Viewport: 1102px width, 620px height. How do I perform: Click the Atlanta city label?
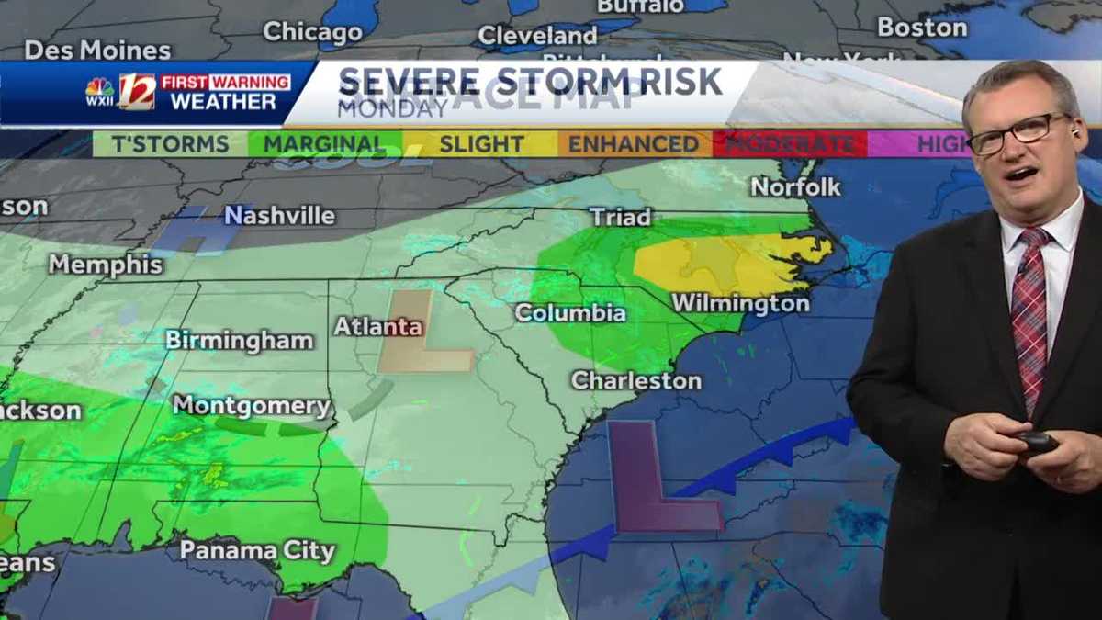coord(377,326)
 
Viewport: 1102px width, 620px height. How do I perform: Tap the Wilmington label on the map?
coord(740,303)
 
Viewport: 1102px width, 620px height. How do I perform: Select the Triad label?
coord(620,218)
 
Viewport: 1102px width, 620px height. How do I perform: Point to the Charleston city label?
coord(635,380)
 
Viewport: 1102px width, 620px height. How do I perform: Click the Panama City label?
coord(257,550)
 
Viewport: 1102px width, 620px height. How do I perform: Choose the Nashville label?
coord(280,216)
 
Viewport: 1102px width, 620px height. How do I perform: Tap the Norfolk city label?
coord(795,187)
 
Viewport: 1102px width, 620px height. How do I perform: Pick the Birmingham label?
coord(239,340)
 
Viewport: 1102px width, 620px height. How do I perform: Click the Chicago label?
coord(312,32)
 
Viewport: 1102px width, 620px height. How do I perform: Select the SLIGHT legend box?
coord(481,144)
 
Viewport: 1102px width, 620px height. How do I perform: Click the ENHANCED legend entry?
coord(633,144)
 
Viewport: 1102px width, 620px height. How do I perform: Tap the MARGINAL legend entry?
coord(324,144)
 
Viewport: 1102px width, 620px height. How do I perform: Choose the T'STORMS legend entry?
coord(170,144)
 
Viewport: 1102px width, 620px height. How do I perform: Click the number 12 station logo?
coord(137,92)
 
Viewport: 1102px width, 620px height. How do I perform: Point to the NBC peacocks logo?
coord(99,91)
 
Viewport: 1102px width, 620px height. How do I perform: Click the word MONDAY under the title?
coord(392,107)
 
